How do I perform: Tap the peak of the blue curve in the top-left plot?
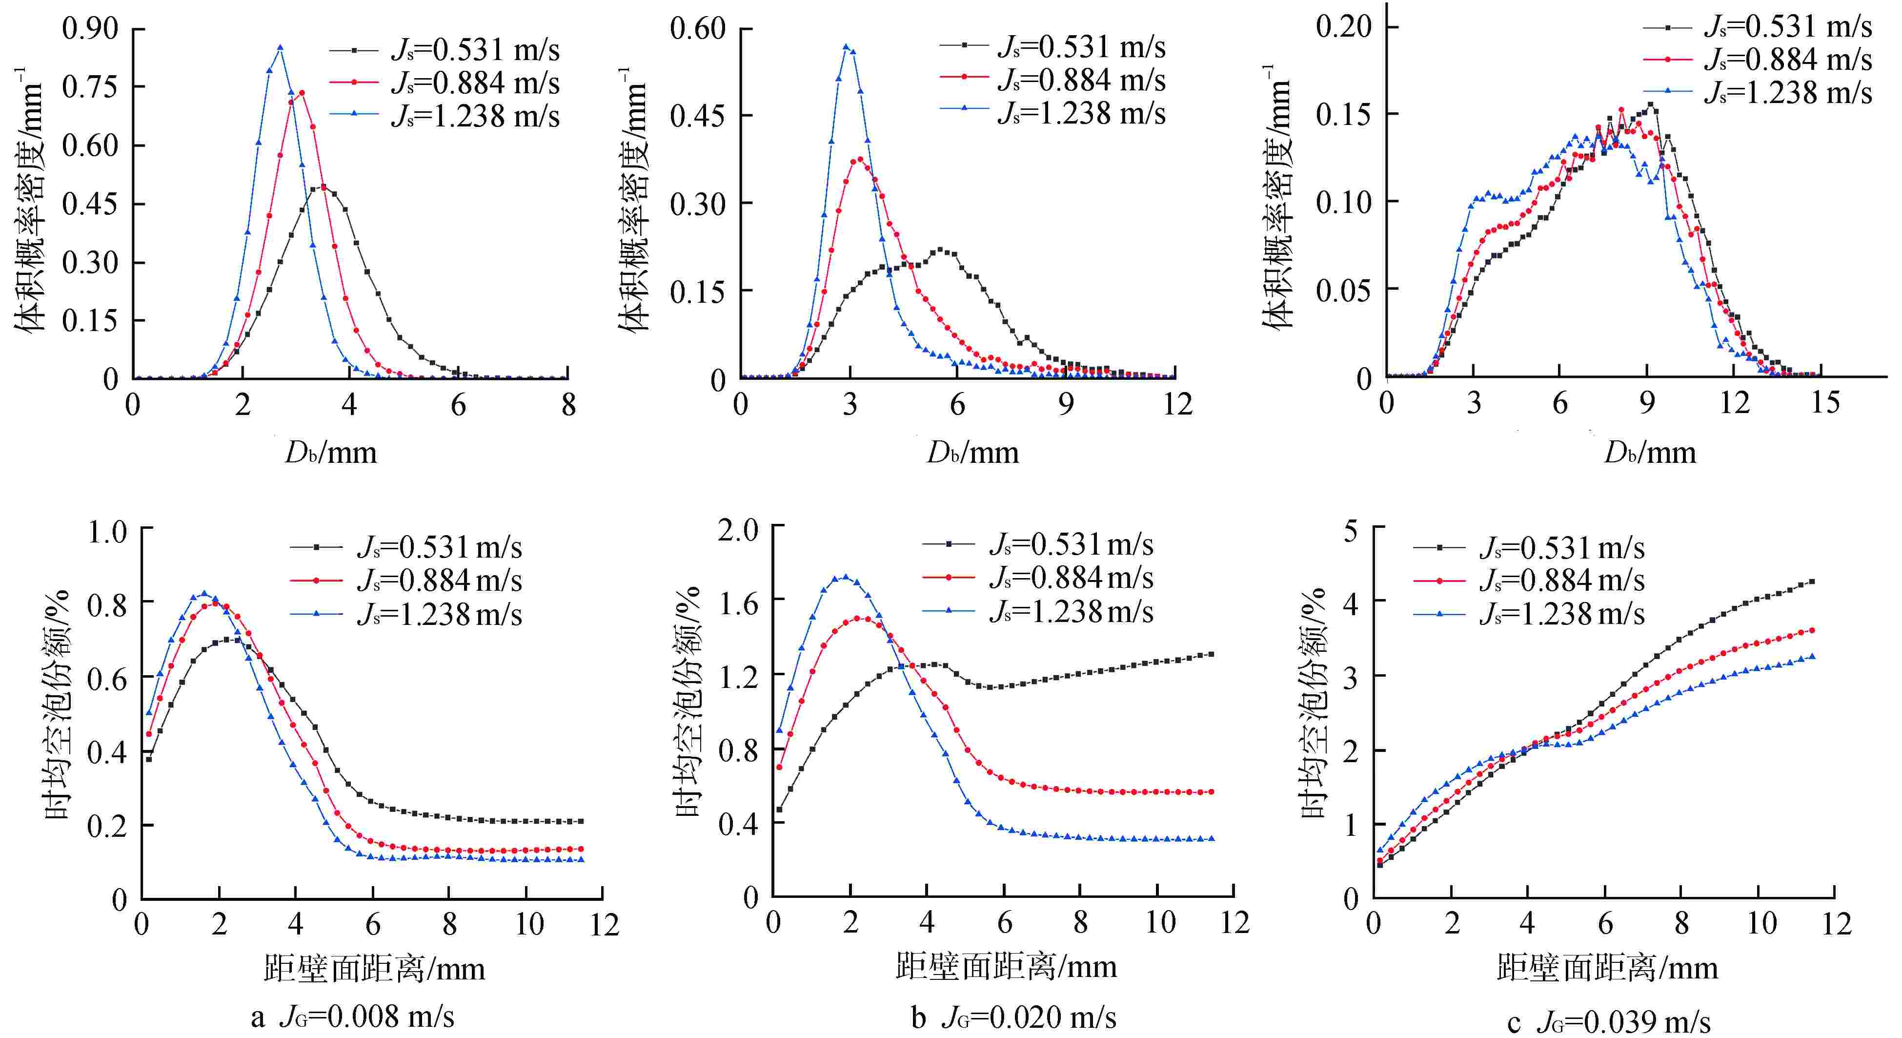280,48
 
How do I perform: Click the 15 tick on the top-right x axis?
1824,403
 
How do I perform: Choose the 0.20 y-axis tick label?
1343,26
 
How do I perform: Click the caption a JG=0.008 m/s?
352,1017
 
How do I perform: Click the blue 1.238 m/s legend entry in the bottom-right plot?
1561,614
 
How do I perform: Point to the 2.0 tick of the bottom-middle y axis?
738,529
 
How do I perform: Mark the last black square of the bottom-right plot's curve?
1811,582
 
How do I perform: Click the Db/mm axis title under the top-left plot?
331,452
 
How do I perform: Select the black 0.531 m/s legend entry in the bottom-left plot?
439,547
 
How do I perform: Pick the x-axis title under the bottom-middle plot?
1006,966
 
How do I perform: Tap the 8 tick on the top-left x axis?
568,405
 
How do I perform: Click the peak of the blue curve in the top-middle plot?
846,46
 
